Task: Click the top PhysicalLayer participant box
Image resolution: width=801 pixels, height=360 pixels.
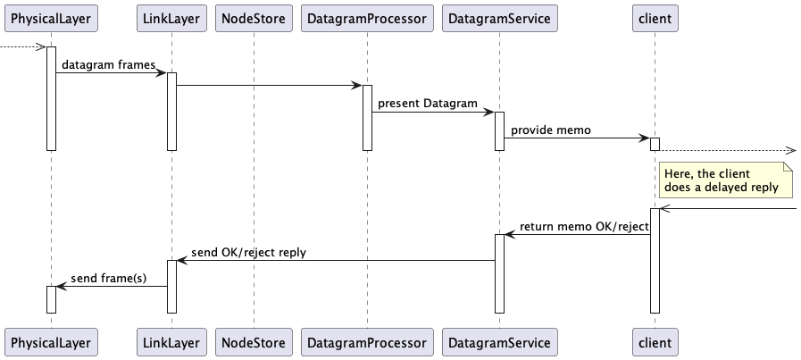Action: [51, 17]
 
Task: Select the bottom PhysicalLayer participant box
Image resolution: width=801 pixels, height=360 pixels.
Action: [51, 342]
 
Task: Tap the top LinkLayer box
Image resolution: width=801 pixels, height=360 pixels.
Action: [171, 17]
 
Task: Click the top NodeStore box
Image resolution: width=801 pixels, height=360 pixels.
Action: [254, 17]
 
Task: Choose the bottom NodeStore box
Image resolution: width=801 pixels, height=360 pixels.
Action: [254, 342]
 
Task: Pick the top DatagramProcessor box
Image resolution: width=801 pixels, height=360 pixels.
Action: [366, 17]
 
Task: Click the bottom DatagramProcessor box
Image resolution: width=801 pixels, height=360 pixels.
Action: [366, 342]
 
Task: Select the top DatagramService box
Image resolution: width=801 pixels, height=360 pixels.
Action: [499, 17]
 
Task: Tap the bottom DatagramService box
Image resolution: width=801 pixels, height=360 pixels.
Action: [499, 342]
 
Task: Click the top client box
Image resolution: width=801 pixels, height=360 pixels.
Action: [655, 17]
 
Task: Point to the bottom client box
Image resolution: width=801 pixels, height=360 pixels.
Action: [655, 342]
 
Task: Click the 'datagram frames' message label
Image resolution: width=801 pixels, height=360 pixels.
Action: [109, 65]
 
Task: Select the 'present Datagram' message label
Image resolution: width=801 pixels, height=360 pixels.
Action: [427, 105]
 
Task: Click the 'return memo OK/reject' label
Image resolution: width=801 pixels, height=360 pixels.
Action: [584, 227]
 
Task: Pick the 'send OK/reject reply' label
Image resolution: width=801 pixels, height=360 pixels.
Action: [248, 253]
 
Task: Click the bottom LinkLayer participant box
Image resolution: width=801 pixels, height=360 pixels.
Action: [171, 342]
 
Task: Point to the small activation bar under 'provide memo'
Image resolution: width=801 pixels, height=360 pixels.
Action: [655, 144]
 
